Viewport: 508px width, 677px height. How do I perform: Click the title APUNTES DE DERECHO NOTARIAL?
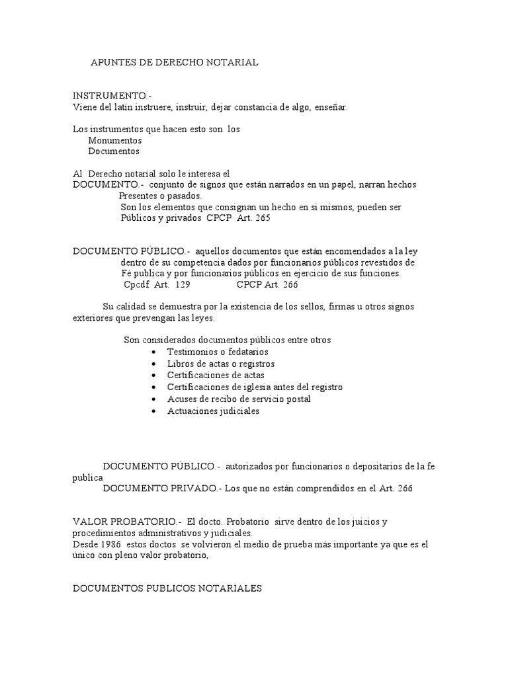pyautogui.click(x=174, y=62)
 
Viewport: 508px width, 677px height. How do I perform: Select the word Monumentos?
pyautogui.click(x=115, y=140)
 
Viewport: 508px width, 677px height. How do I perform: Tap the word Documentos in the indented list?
pyautogui.click(x=114, y=151)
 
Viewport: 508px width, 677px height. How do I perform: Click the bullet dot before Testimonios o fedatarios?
pyautogui.click(x=154, y=352)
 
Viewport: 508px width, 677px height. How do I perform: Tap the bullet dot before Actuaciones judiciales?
pyautogui.click(x=154, y=411)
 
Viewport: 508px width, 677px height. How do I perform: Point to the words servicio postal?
pyautogui.click(x=282, y=399)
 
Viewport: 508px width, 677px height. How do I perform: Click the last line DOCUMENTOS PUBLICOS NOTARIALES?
pyautogui.click(x=167, y=588)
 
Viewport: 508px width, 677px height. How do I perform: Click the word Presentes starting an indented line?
pyautogui.click(x=141, y=196)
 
